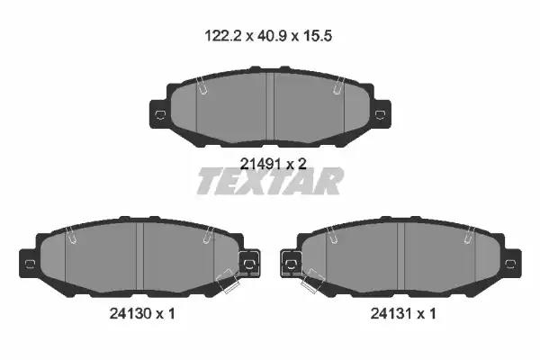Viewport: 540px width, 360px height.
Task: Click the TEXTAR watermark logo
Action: coord(270,181)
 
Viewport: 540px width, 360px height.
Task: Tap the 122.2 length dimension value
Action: coord(223,36)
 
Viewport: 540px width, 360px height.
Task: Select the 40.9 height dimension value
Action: coord(273,36)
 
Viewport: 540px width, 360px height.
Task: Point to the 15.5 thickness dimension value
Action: coord(318,36)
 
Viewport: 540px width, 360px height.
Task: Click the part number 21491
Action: coord(260,164)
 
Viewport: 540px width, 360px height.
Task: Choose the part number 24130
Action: coord(130,313)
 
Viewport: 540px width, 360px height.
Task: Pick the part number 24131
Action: coord(391,313)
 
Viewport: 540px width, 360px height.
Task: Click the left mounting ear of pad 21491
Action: coord(159,114)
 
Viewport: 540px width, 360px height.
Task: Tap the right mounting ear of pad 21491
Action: coord(381,114)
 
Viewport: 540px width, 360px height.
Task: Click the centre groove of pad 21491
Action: coord(270,107)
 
